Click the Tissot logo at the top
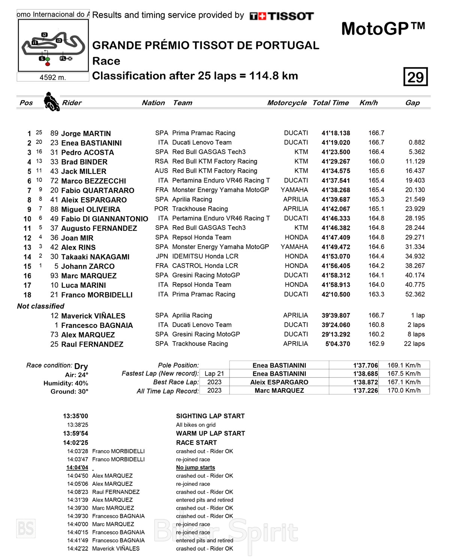pyautogui.click(x=281, y=16)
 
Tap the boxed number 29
pyautogui.click(x=415, y=77)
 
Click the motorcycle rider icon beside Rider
pyautogui.click(x=51, y=102)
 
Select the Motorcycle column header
pyautogui.click(x=287, y=103)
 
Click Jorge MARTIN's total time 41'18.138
pyautogui.click(x=336, y=133)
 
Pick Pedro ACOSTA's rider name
pyautogui.click(x=87, y=153)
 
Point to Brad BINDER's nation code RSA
pyautogui.click(x=162, y=161)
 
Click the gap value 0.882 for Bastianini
pyautogui.click(x=417, y=142)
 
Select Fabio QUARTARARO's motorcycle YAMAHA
pyautogui.click(x=294, y=190)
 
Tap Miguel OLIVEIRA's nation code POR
pyautogui.click(x=161, y=209)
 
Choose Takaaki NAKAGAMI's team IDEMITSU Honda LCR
pyautogui.click(x=205, y=256)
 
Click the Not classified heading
pyautogui.click(x=40, y=306)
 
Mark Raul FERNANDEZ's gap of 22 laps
pyautogui.click(x=414, y=344)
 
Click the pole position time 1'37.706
pyautogui.click(x=366, y=365)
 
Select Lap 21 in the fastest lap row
pyautogui.click(x=214, y=374)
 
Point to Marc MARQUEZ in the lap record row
pyautogui.click(x=279, y=391)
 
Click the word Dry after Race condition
pyautogui.click(x=81, y=366)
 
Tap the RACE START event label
pyautogui.click(x=196, y=443)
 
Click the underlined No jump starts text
pyautogui.click(x=195, y=467)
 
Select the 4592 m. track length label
pyautogui.click(x=53, y=78)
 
